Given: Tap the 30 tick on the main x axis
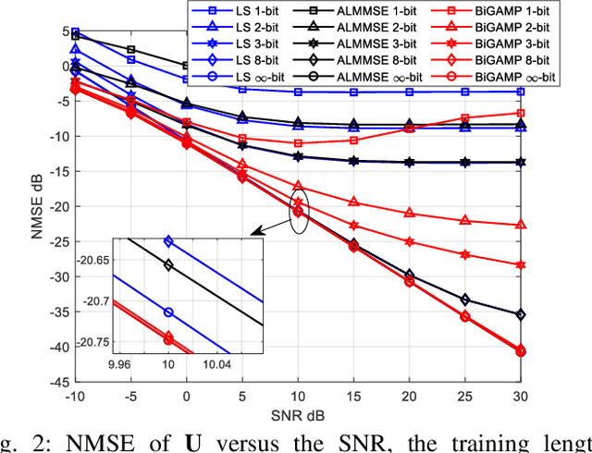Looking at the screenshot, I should pos(521,394).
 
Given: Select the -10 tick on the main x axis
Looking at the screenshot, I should pos(75,394).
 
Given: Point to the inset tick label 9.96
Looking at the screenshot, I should pos(119,365).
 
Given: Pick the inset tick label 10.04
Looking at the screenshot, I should pos(217,365).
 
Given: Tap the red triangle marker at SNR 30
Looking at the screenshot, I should pos(521,225).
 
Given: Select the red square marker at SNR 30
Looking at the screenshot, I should pos(521,113).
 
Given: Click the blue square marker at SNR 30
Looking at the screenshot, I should pos(521,92).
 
